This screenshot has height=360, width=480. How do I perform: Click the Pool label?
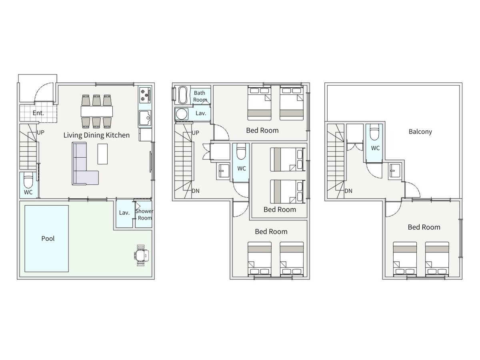[48, 238]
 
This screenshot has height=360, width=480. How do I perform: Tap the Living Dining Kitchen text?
[96, 135]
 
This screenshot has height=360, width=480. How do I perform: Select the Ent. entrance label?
[38, 113]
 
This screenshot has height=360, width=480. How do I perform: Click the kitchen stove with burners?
[145, 95]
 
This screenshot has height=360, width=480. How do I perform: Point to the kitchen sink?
[145, 118]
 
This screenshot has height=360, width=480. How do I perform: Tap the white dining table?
[97, 112]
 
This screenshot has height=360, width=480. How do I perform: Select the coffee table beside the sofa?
[102, 154]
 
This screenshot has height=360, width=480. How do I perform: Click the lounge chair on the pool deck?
[141, 255]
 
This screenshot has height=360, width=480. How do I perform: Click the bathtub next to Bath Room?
[183, 95]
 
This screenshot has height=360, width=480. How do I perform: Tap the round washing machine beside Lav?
[182, 114]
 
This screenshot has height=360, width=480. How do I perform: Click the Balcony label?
[420, 132]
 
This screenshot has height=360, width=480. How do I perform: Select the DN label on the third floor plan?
[348, 191]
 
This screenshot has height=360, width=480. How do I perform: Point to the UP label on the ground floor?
[40, 132]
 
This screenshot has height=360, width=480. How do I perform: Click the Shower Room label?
[144, 214]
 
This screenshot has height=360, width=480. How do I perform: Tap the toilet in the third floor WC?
[374, 132]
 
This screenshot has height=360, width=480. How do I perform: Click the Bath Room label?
[200, 96]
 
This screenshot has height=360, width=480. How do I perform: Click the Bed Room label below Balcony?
[424, 227]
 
